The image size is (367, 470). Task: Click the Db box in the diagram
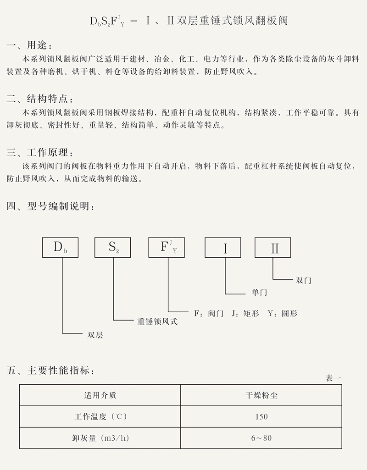[x=60, y=247]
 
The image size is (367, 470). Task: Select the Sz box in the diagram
[x=113, y=247]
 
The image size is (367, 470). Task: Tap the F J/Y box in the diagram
[x=167, y=247]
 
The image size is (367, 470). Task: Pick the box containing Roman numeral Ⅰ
[x=225, y=248]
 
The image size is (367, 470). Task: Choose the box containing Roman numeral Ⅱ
[x=273, y=248]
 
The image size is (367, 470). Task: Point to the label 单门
[x=259, y=292]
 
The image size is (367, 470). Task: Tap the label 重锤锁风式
[x=157, y=321]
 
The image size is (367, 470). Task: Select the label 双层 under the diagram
[x=95, y=335]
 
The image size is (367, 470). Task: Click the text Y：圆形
[x=282, y=314]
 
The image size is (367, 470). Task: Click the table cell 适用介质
[x=100, y=395]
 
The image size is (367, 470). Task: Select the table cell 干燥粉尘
[x=261, y=395]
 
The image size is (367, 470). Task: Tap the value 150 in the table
[x=261, y=417]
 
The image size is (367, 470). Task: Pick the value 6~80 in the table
[x=261, y=438]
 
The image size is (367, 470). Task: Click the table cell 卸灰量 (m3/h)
[x=100, y=438]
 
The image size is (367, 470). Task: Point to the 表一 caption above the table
[x=334, y=378]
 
